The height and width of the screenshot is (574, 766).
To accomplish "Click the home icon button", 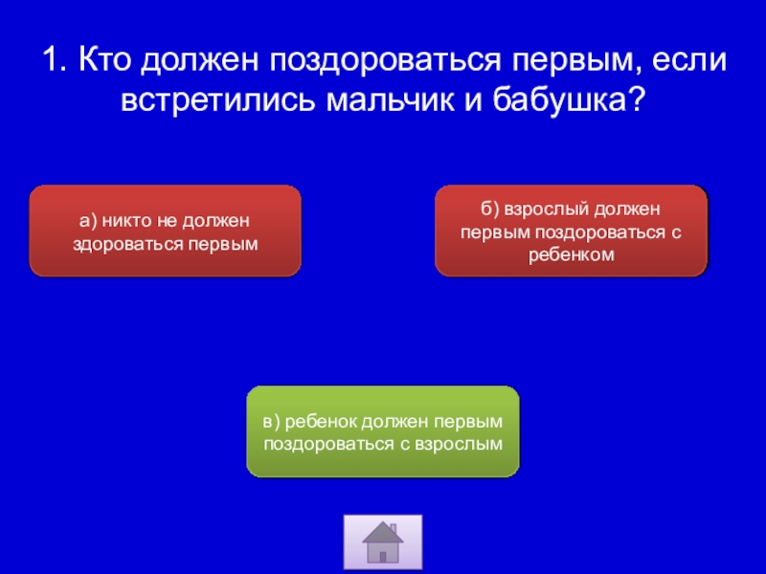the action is click(383, 541).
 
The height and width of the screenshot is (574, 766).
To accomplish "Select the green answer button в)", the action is click(383, 431).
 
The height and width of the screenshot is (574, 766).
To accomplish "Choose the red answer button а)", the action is click(165, 231).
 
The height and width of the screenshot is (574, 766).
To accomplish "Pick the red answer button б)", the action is click(571, 231).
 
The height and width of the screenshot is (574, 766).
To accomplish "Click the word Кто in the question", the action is click(104, 59).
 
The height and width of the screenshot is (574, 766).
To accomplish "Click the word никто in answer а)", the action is click(125, 221).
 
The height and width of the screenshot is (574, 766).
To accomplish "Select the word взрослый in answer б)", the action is click(546, 209).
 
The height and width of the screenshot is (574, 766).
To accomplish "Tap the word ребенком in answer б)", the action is click(571, 255).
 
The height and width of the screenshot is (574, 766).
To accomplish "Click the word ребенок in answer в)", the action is click(321, 421).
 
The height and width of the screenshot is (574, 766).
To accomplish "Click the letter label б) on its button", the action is click(489, 209).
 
